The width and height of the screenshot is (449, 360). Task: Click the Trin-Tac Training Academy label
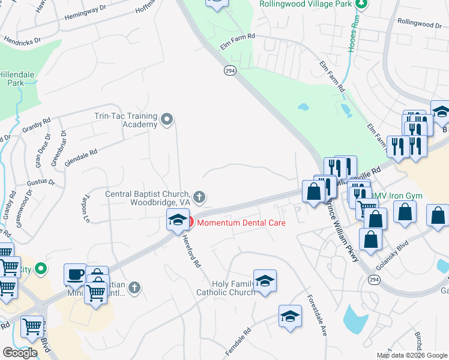(126, 120)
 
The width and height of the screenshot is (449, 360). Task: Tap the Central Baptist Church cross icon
(199, 196)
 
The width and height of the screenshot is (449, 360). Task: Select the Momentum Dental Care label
(241, 223)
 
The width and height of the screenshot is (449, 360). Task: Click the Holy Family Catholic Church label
(226, 288)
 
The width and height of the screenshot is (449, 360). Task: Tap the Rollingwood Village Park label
(305, 4)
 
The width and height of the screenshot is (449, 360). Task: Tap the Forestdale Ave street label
(316, 314)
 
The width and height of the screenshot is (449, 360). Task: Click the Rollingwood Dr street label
(419, 23)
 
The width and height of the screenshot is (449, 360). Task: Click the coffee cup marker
(75, 275)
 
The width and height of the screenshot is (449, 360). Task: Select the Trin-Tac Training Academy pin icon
(167, 121)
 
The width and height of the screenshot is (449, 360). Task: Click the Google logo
(19, 353)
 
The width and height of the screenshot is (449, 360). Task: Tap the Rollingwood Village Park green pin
(361, 4)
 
